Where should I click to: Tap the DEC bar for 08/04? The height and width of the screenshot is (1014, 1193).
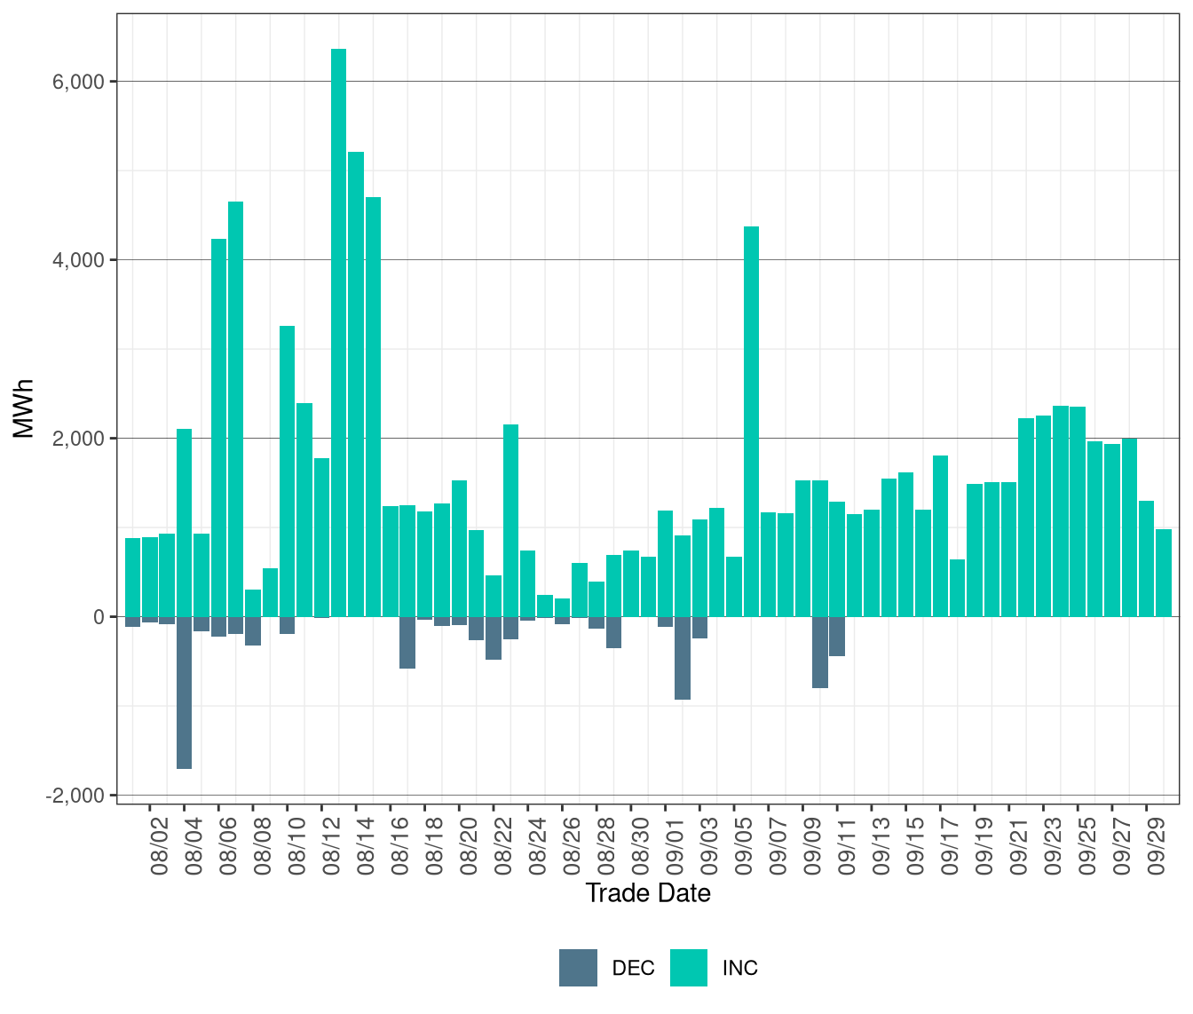coord(184,692)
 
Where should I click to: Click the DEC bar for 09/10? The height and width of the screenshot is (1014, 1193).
coord(820,652)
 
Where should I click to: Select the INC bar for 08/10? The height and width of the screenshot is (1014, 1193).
coord(287,471)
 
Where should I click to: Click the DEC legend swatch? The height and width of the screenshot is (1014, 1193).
coord(578,968)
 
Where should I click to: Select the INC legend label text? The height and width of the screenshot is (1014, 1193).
coord(740,968)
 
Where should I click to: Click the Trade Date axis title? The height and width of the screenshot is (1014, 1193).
coord(648,893)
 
